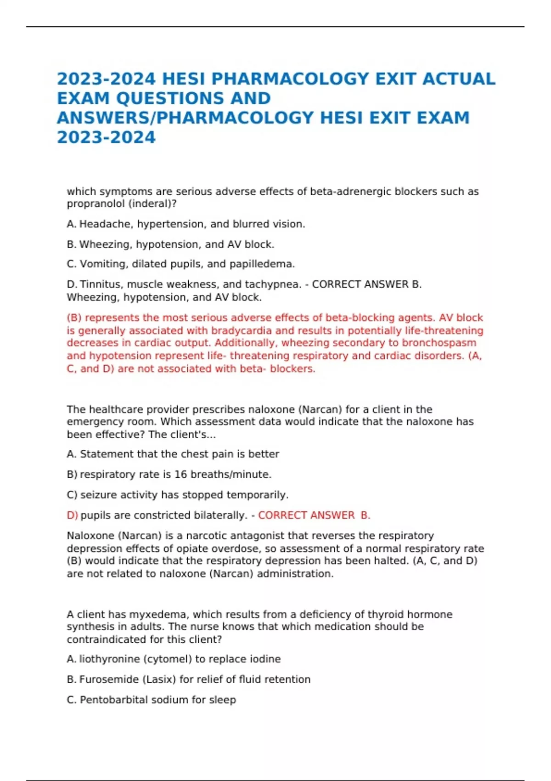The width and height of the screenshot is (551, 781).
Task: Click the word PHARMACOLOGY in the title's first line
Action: click(290, 79)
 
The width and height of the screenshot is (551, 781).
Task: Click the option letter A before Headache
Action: click(71, 224)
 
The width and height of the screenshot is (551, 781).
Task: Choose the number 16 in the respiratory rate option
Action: click(180, 475)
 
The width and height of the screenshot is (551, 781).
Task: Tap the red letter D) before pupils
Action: click(72, 515)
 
